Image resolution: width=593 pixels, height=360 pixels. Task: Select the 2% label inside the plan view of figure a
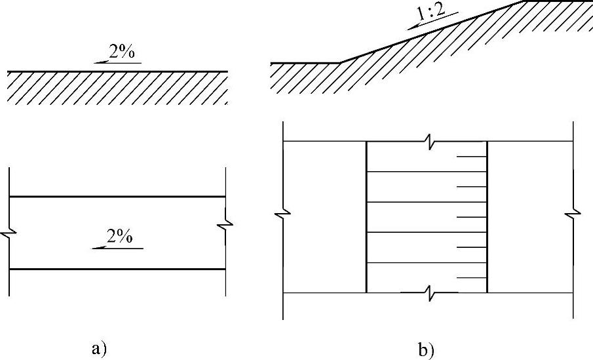coord(120,237)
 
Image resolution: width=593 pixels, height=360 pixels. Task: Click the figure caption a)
coord(98,348)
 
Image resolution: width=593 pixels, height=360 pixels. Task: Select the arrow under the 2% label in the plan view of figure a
coord(115,247)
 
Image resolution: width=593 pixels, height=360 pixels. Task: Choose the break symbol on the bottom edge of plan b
coord(427,292)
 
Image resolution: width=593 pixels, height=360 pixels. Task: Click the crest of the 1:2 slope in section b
coord(522,1)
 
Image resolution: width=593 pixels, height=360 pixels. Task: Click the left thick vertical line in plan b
coord(366,216)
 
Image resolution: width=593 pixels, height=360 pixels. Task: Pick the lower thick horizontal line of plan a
coord(118,269)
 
